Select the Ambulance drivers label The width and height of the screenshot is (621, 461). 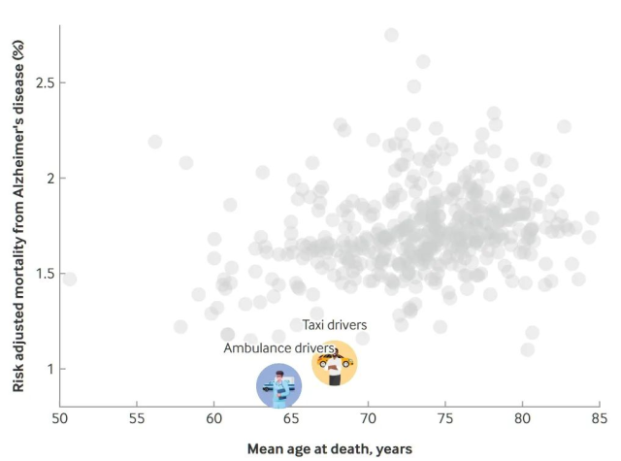278,347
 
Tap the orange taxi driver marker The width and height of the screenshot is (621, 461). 334,363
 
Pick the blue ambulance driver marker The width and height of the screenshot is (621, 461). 279,385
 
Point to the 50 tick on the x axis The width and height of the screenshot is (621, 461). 59,418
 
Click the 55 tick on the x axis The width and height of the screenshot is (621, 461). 137,418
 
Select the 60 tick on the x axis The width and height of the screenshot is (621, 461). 213,418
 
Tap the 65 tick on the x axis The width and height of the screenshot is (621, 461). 291,418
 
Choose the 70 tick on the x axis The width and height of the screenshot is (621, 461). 368,418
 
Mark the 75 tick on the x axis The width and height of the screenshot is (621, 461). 444,418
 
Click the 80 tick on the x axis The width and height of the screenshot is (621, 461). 522,418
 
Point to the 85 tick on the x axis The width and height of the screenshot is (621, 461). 599,418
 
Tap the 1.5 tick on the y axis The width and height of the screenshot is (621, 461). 39,274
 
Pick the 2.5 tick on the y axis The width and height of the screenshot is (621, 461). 39,83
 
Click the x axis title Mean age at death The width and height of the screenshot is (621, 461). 329,448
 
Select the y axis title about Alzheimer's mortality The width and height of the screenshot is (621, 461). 17,209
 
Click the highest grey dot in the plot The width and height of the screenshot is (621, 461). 391,35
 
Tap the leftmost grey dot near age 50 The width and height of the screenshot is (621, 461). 68,280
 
